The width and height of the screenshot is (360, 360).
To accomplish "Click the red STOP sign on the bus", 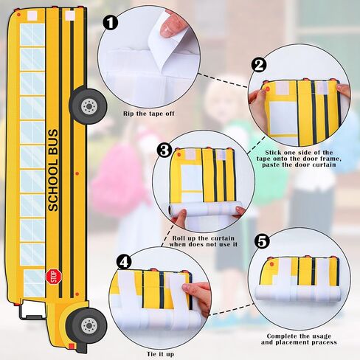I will (52, 277).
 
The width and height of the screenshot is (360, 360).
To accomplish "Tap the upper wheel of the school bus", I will (89, 105).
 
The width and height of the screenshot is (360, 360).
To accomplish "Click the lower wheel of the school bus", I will (88, 324).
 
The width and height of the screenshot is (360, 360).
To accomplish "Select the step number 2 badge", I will (259, 64).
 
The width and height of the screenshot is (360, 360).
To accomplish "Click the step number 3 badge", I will (164, 152).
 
